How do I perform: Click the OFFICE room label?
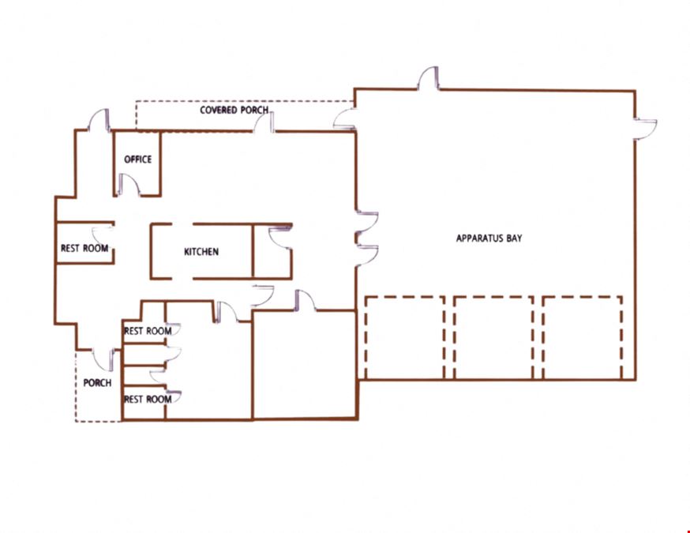tap(137, 160)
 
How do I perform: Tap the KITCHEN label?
tap(201, 252)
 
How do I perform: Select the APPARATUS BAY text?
tap(489, 238)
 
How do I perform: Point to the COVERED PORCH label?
tap(234, 110)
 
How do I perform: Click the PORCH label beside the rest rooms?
tap(97, 383)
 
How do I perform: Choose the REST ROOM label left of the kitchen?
tap(84, 248)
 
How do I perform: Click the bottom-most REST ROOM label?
tap(148, 400)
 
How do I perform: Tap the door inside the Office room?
tap(129, 185)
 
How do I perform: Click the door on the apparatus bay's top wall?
tap(428, 78)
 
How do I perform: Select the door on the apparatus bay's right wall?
tap(645, 129)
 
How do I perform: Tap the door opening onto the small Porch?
tap(104, 360)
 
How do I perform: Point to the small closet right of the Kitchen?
tap(272, 252)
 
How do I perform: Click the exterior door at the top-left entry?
tap(99, 120)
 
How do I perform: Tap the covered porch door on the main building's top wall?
tap(264, 122)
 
